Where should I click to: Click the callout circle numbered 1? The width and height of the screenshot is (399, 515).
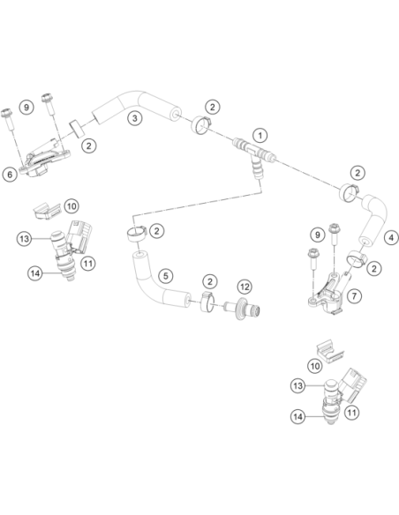coord(260,135)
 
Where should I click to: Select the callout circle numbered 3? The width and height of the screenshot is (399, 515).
coord(135,118)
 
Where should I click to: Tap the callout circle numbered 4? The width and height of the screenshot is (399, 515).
coord(391,237)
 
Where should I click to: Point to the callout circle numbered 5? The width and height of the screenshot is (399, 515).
coord(166,276)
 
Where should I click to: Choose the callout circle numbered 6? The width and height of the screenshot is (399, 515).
coord(10,175)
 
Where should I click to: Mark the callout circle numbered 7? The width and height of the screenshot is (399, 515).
coord(354,296)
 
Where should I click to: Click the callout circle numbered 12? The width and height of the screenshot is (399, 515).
coord(245,287)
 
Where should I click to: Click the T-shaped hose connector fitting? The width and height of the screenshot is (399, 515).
coord(253,154)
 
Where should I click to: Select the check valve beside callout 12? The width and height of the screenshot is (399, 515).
coord(243,309)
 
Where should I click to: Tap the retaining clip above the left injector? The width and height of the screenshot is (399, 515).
coord(48,210)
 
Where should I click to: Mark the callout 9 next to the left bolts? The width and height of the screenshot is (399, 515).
coord(26,107)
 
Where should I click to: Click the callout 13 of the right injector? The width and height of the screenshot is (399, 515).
coord(297,385)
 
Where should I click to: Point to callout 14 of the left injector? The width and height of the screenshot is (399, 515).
coord(35,273)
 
